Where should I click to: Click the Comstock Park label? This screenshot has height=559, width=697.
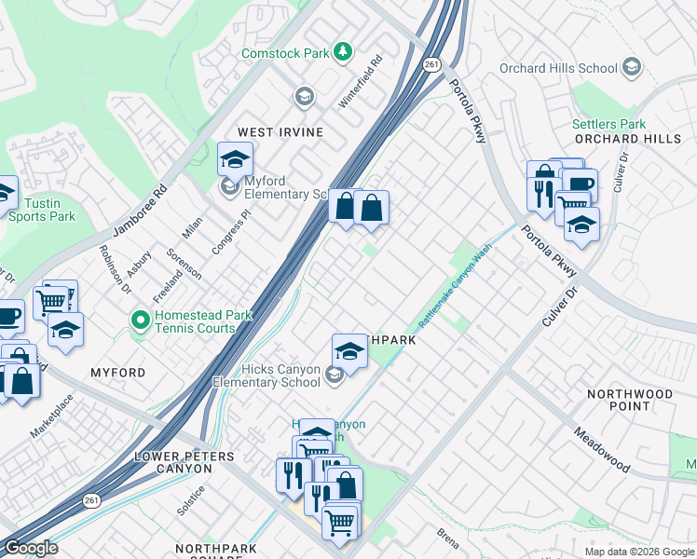pos(285,53)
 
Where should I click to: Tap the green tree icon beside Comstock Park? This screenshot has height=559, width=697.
pos(344,50)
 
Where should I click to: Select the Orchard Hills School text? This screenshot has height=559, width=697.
pos(558,68)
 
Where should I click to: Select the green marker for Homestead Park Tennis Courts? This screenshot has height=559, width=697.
pos(141,320)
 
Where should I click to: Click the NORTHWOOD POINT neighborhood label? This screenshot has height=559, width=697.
pos(630,400)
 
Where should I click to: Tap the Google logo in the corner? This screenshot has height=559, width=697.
pos(31,548)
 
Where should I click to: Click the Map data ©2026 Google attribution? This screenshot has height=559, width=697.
pos(639,552)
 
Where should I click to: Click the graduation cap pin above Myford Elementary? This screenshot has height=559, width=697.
pos(235,159)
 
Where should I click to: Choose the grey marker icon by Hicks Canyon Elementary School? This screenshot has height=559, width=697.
pos(335,375)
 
